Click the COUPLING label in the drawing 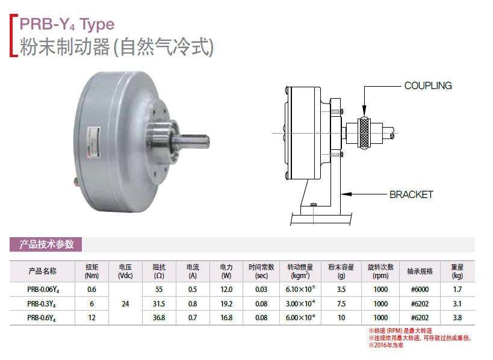(x=428, y=85)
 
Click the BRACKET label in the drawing (x=411, y=194)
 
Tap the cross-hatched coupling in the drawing (x=364, y=133)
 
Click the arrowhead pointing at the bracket (x=346, y=194)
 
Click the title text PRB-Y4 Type (x=67, y=24)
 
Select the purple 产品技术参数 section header (x=46, y=244)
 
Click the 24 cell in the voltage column (x=125, y=304)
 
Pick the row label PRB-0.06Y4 (x=43, y=290)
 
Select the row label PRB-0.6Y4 (x=43, y=318)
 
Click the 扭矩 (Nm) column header (x=92, y=272)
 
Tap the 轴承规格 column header (x=420, y=272)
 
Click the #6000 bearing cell (x=420, y=289)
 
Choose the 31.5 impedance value (x=159, y=304)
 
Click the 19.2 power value (x=226, y=304)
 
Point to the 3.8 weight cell (x=457, y=317)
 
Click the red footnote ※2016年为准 (x=386, y=345)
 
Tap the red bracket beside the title (x=13, y=35)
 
